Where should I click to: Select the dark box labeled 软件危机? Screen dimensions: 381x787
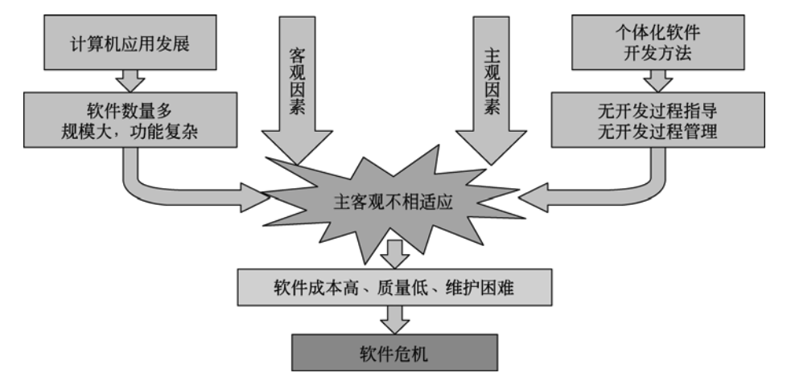[393, 351]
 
